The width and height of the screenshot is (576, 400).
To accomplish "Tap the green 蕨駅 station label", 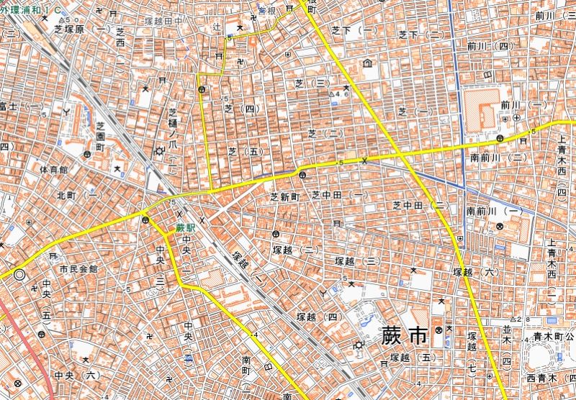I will (186, 228).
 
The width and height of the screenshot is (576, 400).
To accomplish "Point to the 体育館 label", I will (53, 170).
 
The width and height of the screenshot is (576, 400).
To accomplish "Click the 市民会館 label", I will (78, 268).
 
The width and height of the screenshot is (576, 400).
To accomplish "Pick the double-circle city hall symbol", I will (19, 274).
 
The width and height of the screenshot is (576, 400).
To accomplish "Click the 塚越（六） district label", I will (475, 272).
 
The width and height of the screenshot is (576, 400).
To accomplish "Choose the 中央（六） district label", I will (78, 376).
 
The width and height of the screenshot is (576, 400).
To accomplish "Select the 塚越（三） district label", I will (357, 260).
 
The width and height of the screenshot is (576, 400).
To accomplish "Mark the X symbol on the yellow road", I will (364, 160).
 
